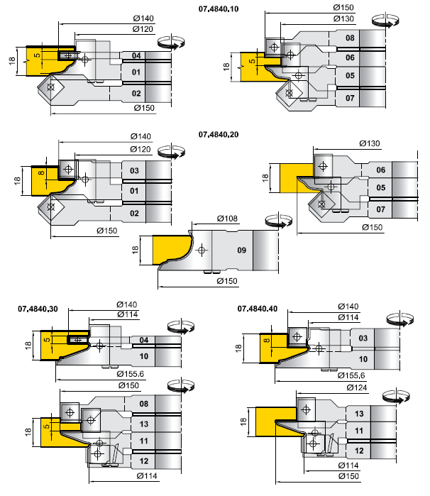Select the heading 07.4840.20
coord(219,133)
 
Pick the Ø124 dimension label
coord(338,387)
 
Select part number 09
coord(241,250)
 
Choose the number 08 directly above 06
coord(350,38)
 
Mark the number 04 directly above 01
coord(136,55)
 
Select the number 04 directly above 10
coord(143,340)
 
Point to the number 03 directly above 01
coord(134,171)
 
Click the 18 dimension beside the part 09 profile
coord(136,250)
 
